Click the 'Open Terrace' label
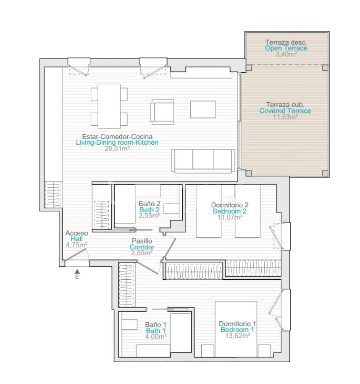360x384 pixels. pyautogui.click(x=286, y=48)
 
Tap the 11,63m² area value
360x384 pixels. pyautogui.click(x=285, y=117)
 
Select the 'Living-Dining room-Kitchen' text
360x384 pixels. pyautogui.click(x=117, y=143)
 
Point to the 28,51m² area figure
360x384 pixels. pyautogui.click(x=117, y=148)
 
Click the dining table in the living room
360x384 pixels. pyautogui.click(x=109, y=106)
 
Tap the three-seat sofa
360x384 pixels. pyautogui.click(x=203, y=161)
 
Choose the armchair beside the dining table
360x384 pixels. pyautogui.click(x=163, y=112)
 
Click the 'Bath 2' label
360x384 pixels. pyautogui.click(x=150, y=210)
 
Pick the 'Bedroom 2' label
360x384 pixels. pyautogui.click(x=229, y=211)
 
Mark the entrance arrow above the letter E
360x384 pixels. pyautogui.click(x=77, y=271)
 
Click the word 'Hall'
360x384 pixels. pyautogui.click(x=76, y=239)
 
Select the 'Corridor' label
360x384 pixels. pyautogui.click(x=142, y=247)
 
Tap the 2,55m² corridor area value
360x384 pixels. pyautogui.click(x=142, y=253)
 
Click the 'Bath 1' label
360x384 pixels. pyautogui.click(x=156, y=331)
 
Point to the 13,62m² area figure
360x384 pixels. pyautogui.click(x=238, y=336)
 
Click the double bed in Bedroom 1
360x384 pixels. pyautogui.click(x=236, y=329)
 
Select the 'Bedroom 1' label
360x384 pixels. pyautogui.click(x=237, y=330)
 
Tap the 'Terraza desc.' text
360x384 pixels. pyautogui.click(x=286, y=42)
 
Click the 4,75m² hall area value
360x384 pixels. pyautogui.click(x=76, y=245)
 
